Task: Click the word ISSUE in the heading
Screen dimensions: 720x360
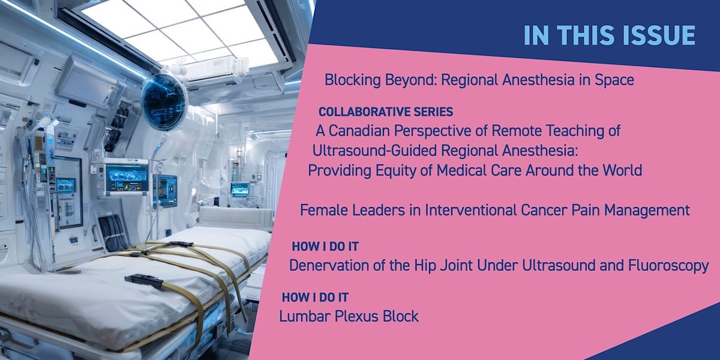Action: pyautogui.click(x=658, y=35)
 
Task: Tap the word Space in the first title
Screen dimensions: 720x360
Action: pyautogui.click(x=614, y=80)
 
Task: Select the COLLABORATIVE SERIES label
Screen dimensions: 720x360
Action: pyautogui.click(x=386, y=112)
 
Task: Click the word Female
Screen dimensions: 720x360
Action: pyautogui.click(x=324, y=210)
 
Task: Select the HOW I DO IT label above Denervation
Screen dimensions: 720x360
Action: pyautogui.click(x=325, y=247)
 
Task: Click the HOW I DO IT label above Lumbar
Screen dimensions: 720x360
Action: pyautogui.click(x=315, y=298)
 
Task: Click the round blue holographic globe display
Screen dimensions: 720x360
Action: pyautogui.click(x=163, y=101)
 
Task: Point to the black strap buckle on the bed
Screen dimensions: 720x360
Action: pyautogui.click(x=144, y=281)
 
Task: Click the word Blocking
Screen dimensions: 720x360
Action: pyautogui.click(x=353, y=80)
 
